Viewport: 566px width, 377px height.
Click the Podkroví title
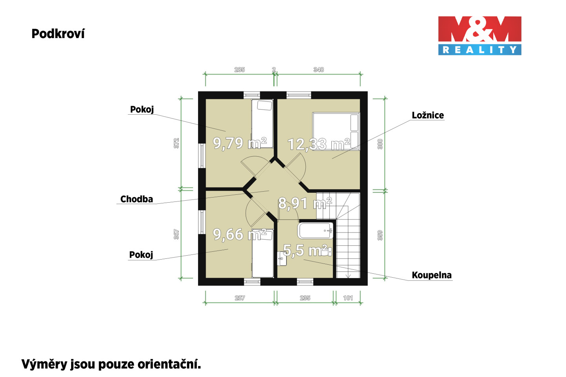tap(58, 34)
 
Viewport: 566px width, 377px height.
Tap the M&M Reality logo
tap(480, 36)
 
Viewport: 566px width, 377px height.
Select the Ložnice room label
tap(428, 115)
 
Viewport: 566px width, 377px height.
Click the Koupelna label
tap(432, 275)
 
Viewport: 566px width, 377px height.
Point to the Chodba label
tap(136, 199)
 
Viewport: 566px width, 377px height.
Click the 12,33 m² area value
tap(318, 144)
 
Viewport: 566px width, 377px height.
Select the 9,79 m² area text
tap(239, 143)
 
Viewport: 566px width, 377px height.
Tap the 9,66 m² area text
tap(239, 234)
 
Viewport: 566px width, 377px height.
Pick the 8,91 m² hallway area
tap(305, 203)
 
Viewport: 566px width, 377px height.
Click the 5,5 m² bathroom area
tap(305, 250)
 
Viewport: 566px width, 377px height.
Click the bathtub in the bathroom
tap(315, 231)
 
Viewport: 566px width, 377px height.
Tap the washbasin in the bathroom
tap(282, 258)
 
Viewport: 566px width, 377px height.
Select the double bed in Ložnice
tap(336, 131)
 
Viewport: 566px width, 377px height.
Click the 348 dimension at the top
tap(319, 70)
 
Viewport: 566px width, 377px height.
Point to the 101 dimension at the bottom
tap(348, 298)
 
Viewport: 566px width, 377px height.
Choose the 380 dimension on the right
tap(380, 144)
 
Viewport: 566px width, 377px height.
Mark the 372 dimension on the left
tap(176, 143)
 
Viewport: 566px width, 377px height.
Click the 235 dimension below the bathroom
tap(305, 298)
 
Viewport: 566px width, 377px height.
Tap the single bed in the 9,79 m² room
tap(262, 123)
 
